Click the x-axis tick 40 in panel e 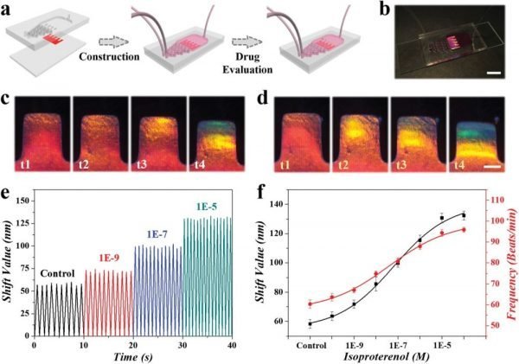[234, 344]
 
